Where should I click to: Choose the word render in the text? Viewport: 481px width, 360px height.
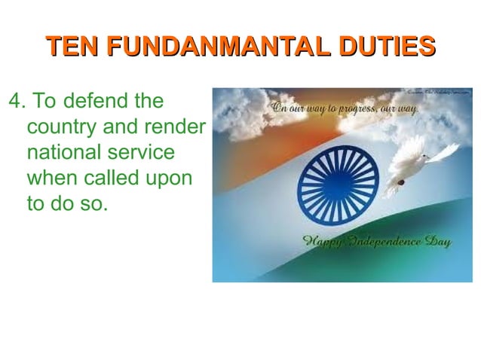(x=176, y=127)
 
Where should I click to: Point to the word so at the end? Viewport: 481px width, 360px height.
(x=91, y=205)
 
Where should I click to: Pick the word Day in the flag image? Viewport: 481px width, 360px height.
(x=437, y=243)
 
